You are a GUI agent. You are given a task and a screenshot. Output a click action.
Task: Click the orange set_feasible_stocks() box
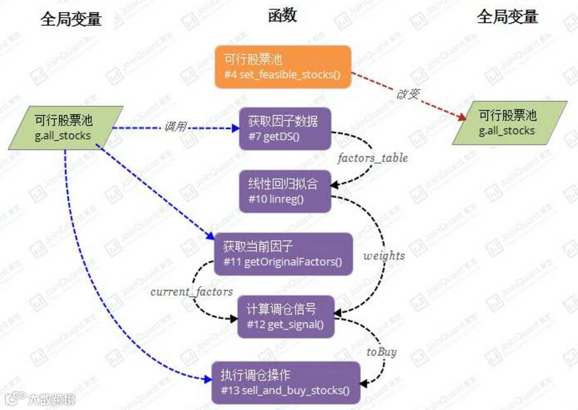[283, 67]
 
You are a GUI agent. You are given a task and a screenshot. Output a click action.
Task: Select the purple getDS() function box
[285, 129]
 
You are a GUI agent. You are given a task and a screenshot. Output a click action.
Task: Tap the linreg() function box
[285, 192]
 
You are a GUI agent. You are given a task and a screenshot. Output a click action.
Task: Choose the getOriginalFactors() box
[283, 254]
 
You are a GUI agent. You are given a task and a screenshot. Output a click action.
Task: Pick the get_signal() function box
[285, 316]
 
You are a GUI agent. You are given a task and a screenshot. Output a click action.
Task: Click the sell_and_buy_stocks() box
[285, 383]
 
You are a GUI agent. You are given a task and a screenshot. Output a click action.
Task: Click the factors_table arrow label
[372, 158]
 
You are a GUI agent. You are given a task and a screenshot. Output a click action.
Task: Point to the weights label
[384, 256]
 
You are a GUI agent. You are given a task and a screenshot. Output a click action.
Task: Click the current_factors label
[191, 291]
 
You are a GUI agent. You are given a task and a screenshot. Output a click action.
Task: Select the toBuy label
[381, 352]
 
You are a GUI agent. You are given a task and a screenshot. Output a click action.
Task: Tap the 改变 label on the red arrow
[407, 94]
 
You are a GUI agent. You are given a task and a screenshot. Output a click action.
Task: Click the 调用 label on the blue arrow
[175, 128]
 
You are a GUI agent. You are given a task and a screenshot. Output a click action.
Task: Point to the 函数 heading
[282, 16]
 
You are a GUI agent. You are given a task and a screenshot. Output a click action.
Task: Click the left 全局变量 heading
[71, 19]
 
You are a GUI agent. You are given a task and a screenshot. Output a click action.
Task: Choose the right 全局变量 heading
[507, 17]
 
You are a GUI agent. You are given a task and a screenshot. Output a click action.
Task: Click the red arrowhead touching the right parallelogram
[462, 118]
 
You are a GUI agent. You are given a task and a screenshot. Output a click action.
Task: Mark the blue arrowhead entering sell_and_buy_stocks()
[208, 379]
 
